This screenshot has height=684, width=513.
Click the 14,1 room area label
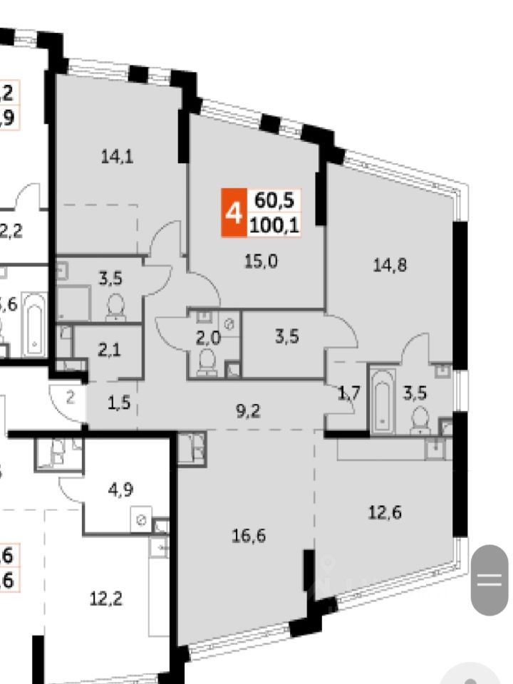118,157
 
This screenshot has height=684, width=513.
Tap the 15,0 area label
260,261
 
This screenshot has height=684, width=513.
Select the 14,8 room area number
389,265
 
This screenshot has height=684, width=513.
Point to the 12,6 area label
383,512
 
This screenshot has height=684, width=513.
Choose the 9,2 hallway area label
247,410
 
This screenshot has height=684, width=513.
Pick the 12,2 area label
105,599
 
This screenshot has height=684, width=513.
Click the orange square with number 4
232,212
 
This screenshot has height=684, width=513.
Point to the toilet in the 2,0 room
207,360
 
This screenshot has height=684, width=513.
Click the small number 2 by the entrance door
69,398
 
